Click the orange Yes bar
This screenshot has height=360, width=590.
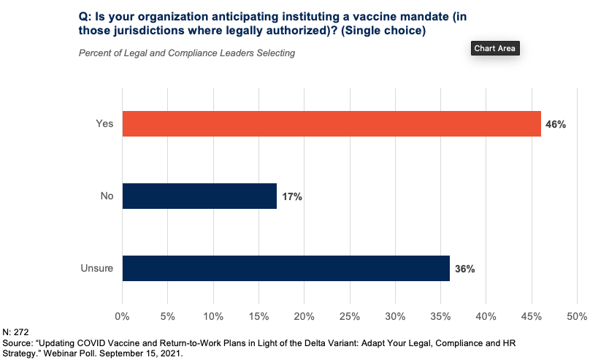(332, 124)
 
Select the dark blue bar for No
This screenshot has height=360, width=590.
(199, 196)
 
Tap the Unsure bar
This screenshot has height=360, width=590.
(286, 268)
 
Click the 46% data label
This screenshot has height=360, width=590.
(556, 125)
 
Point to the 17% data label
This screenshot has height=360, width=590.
(292, 197)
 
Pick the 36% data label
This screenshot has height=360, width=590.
(465, 269)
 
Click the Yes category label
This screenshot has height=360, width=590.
(104, 124)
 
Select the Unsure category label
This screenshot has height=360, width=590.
(97, 268)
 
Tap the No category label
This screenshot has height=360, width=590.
(106, 196)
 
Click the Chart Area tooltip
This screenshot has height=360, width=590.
(495, 48)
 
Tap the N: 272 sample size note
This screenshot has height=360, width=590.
(18, 332)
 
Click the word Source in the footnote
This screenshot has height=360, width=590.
(20, 342)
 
